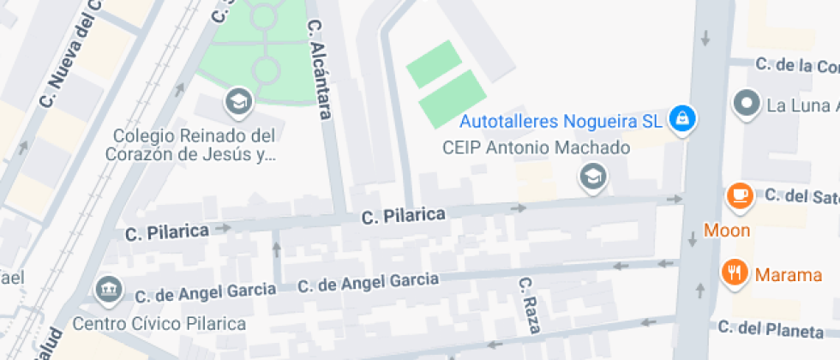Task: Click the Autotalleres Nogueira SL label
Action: click(x=561, y=121)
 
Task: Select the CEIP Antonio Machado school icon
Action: click(x=592, y=177)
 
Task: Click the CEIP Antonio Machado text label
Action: click(x=536, y=148)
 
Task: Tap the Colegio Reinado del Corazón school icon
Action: click(x=238, y=104)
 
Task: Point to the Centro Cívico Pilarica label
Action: click(x=159, y=324)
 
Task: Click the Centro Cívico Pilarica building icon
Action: click(x=109, y=291)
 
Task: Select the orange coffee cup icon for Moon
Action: click(x=738, y=196)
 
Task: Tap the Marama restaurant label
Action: click(x=788, y=275)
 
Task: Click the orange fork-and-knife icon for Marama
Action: click(x=734, y=272)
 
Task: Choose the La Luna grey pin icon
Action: click(x=747, y=104)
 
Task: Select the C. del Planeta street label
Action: click(x=776, y=327)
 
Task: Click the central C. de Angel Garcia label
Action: click(x=368, y=282)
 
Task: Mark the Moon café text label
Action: click(x=727, y=231)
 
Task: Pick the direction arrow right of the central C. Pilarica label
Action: click(x=517, y=207)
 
